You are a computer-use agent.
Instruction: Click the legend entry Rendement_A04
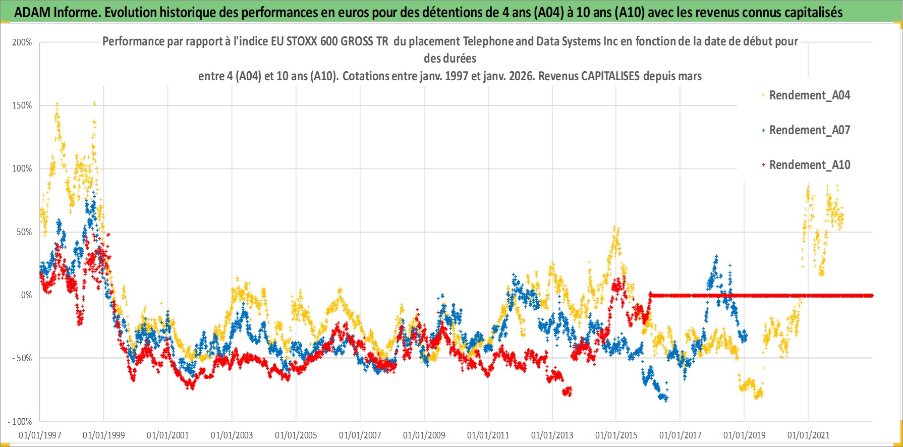809,95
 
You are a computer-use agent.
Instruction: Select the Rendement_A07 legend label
809,130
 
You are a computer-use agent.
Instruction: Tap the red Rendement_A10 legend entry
809,165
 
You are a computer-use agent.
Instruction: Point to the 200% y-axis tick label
22,42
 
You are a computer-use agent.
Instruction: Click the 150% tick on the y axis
22,105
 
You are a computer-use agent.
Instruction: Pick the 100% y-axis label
22,169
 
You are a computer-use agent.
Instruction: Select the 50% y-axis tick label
24,232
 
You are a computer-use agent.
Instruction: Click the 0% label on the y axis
26,295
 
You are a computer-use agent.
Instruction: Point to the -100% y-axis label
20,421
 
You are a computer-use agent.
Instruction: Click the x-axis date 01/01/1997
40,435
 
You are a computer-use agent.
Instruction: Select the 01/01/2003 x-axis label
232,435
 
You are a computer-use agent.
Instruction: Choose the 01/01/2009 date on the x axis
424,435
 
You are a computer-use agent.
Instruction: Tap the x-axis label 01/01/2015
616,435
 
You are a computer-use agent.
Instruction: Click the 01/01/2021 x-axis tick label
809,435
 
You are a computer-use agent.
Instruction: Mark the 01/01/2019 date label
745,435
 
